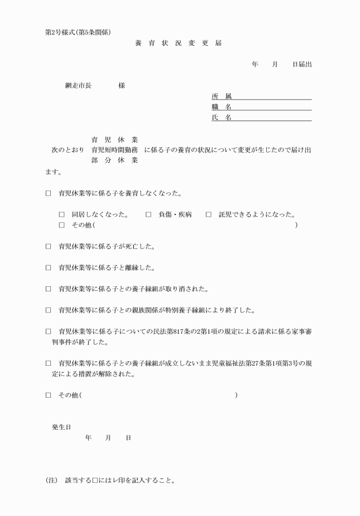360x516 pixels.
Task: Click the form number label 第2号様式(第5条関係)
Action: (x=82, y=32)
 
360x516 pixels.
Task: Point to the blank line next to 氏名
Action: (x=271, y=118)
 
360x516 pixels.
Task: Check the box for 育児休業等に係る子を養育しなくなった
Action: (x=49, y=194)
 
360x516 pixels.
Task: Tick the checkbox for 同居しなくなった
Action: (x=62, y=215)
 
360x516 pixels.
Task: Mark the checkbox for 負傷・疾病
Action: (x=148, y=215)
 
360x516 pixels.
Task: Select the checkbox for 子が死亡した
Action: (x=49, y=247)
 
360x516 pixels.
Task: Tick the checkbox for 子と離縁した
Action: (x=49, y=268)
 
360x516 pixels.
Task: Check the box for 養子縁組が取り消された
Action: (x=49, y=289)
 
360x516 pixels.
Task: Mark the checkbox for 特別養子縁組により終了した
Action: (x=49, y=310)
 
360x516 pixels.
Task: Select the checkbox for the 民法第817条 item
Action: (x=49, y=331)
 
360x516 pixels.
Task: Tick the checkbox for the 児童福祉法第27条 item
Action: (x=49, y=363)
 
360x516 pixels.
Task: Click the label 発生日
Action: (x=62, y=427)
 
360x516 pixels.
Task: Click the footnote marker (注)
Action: (x=51, y=481)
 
